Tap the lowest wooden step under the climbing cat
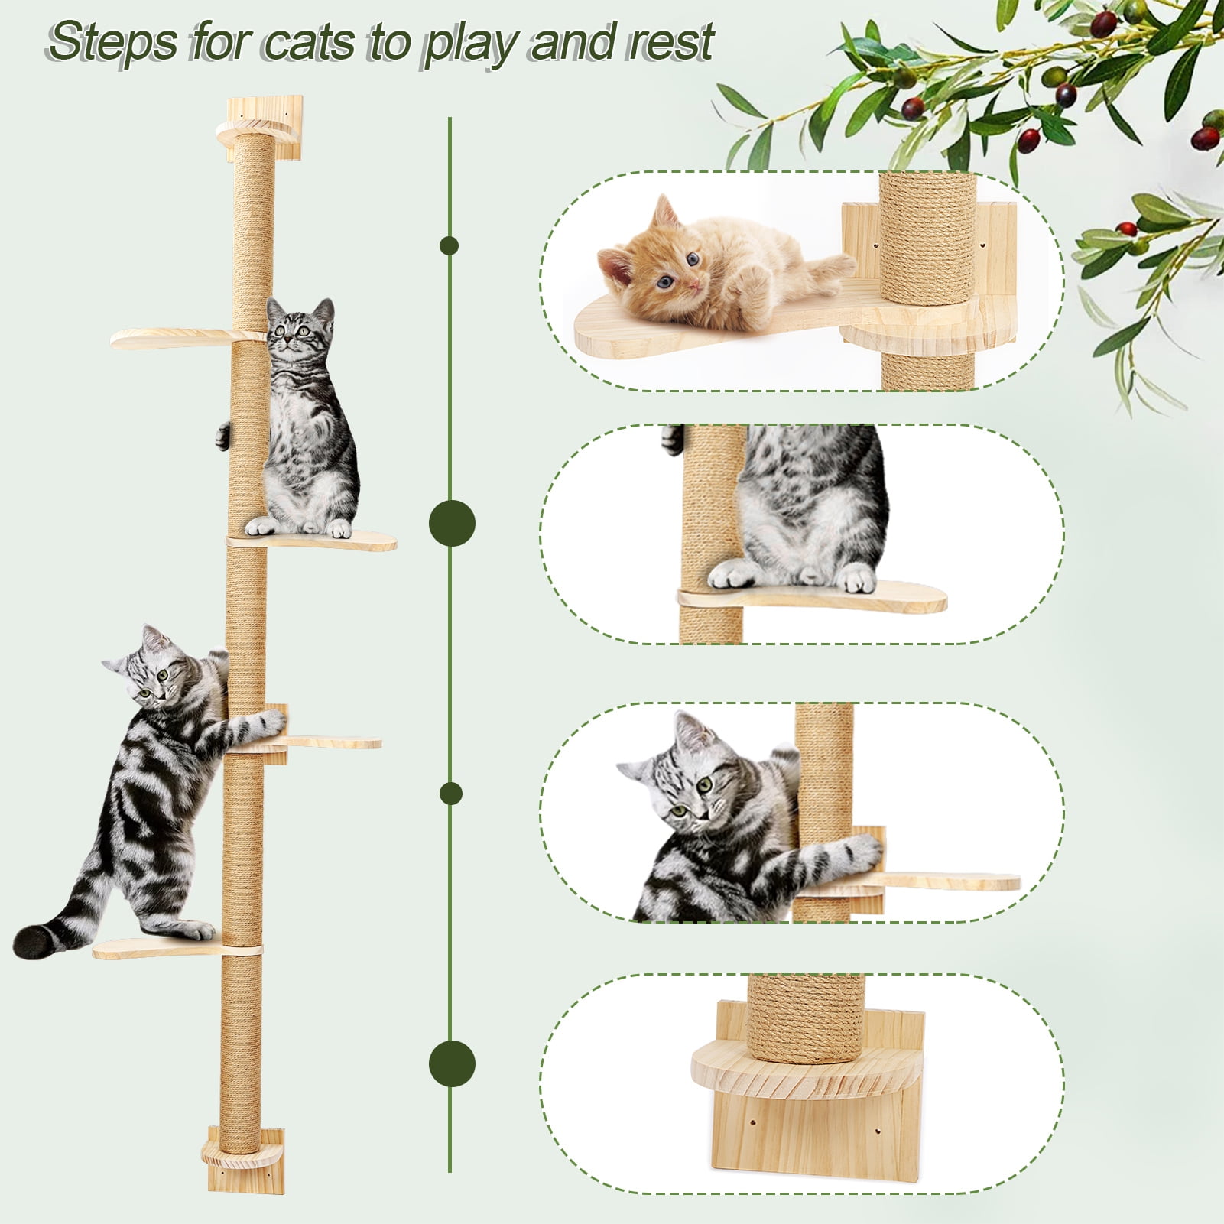click(153, 948)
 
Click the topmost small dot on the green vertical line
click(450, 245)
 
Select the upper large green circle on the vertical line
click(452, 523)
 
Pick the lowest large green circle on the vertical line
click(452, 1063)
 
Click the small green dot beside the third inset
click(451, 794)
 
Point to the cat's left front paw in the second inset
click(730, 573)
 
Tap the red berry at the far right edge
click(1206, 138)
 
